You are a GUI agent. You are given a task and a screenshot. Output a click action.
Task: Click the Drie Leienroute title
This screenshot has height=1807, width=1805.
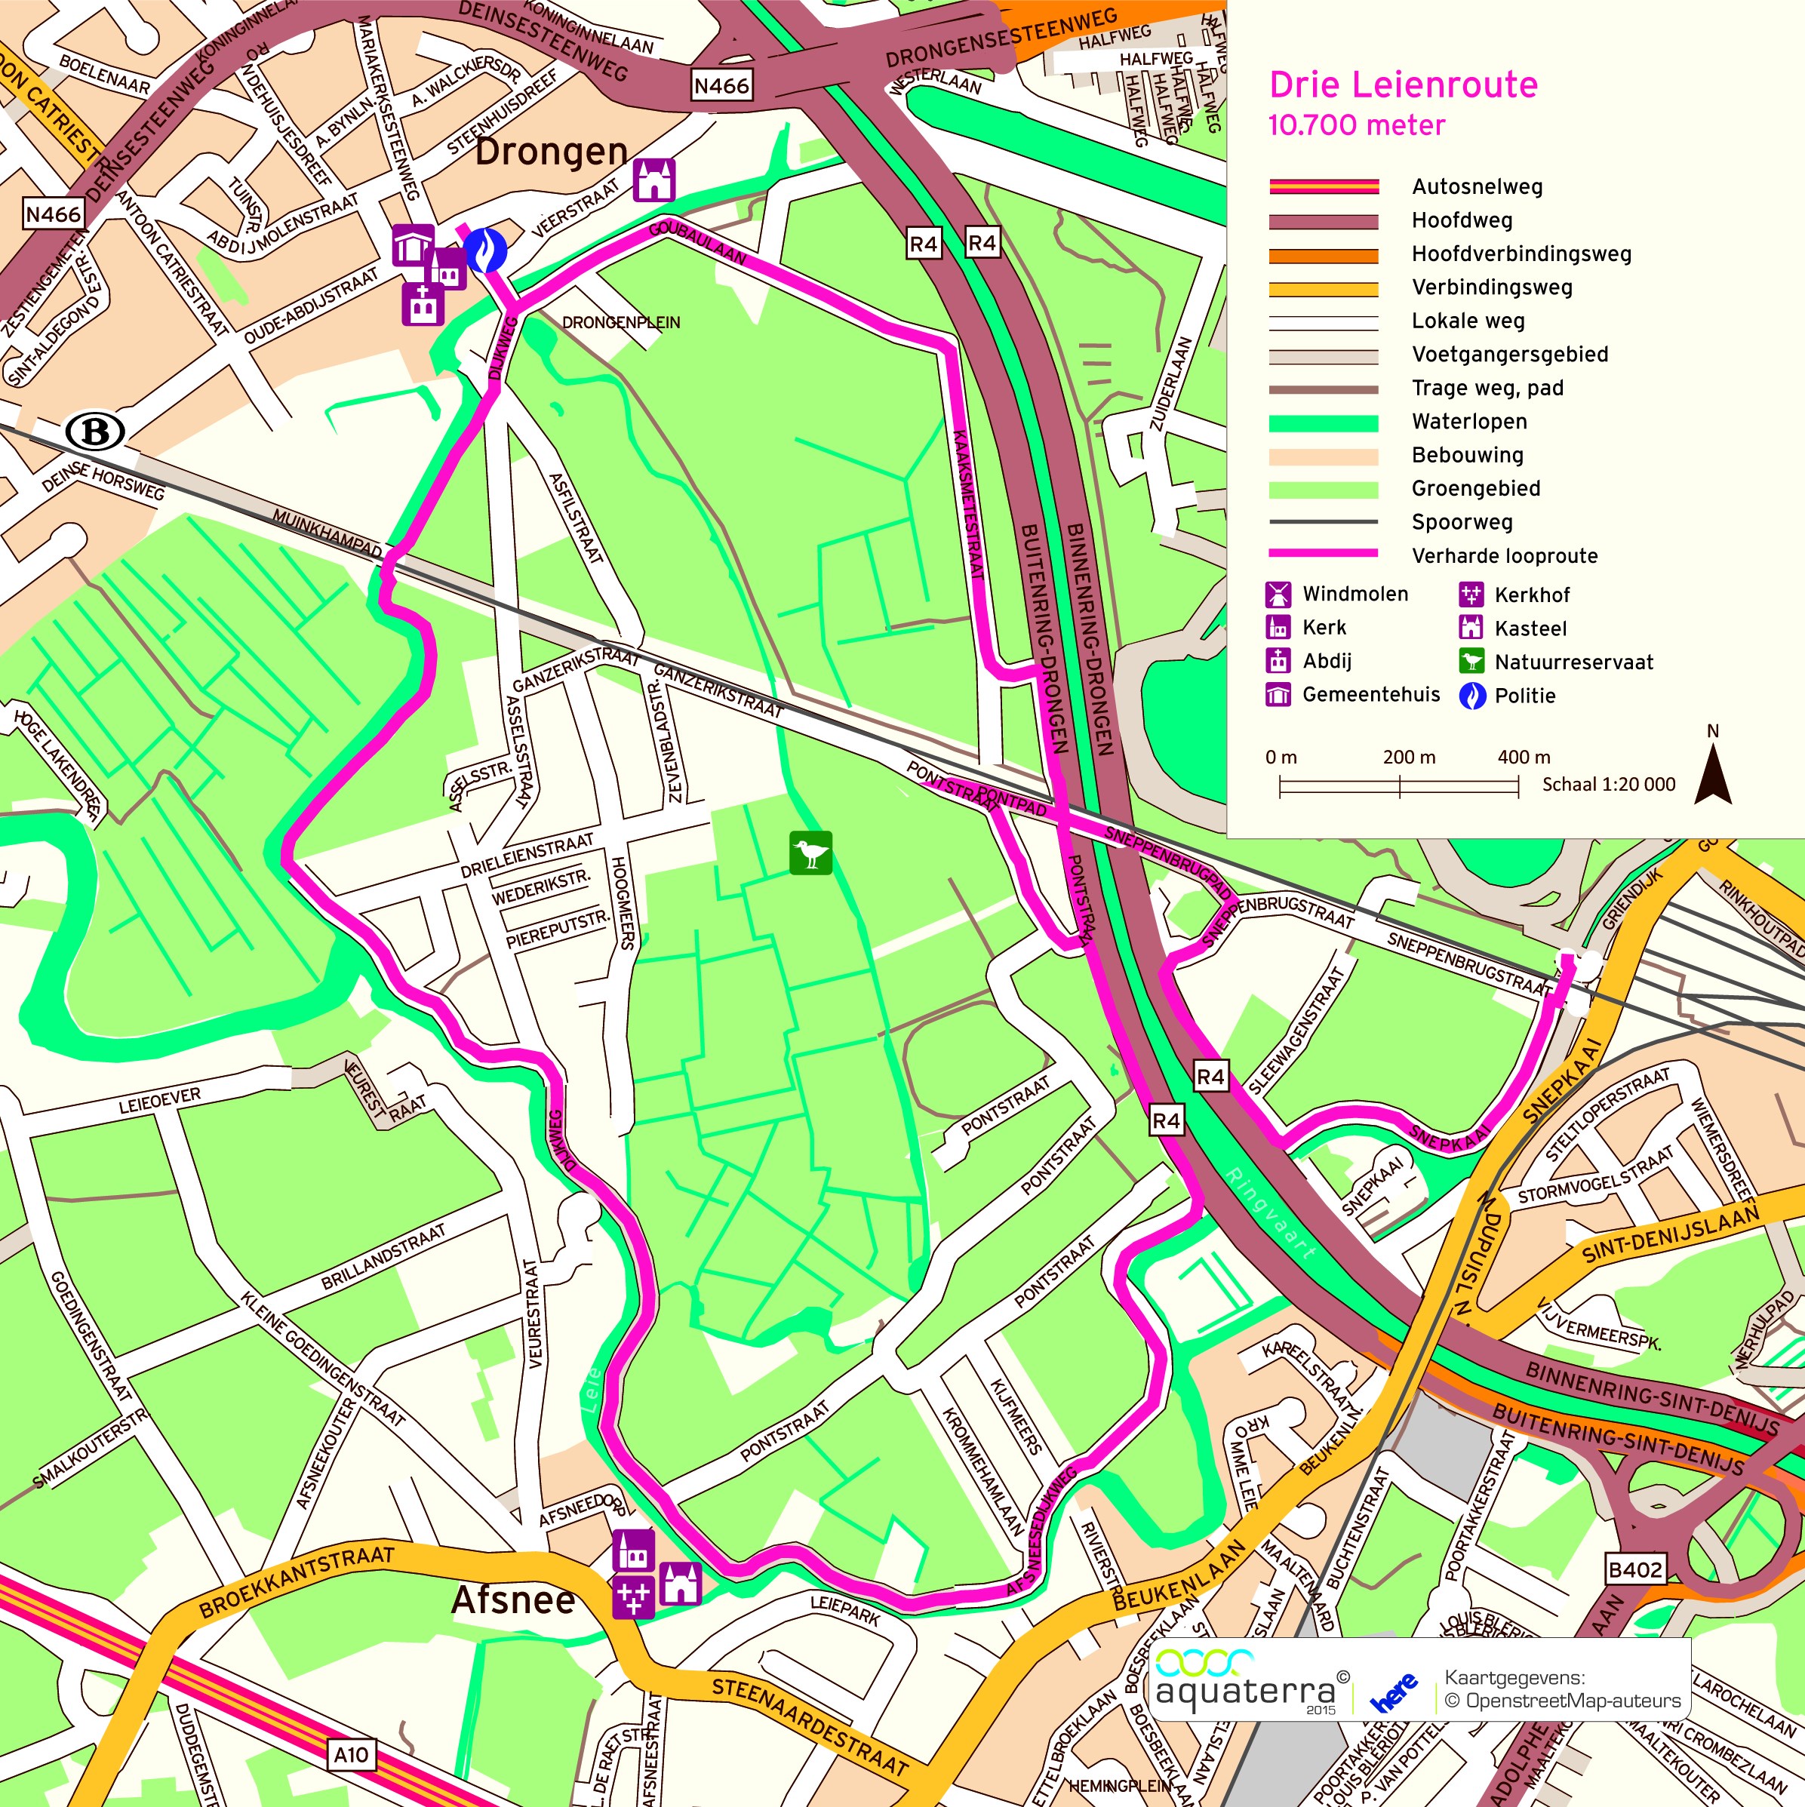(1403, 85)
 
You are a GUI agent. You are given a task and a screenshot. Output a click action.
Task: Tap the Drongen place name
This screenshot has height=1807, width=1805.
(551, 152)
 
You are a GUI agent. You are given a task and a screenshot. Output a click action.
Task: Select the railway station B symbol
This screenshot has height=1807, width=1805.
(95, 432)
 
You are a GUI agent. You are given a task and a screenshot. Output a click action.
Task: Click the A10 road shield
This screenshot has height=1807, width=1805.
(352, 1755)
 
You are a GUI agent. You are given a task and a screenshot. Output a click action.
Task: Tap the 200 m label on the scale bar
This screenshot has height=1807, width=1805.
(1409, 758)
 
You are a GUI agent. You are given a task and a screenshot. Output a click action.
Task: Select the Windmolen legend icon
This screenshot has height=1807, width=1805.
(1278, 594)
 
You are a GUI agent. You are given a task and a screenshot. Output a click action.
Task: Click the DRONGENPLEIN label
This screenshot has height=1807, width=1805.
(621, 323)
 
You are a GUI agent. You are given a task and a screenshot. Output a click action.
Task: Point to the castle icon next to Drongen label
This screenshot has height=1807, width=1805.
(653, 180)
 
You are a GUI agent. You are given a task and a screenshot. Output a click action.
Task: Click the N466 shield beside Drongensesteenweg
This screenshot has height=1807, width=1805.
(721, 86)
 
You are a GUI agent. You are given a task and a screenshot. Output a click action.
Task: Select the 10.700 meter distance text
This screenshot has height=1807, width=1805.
(1356, 125)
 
